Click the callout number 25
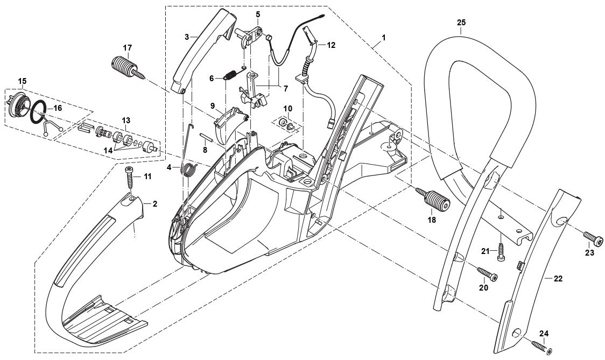[461, 23]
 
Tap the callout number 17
[127, 47]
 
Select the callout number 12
[330, 45]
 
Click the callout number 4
[168, 167]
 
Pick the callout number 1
[383, 37]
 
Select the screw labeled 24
[541, 346]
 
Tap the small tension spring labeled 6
[229, 76]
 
